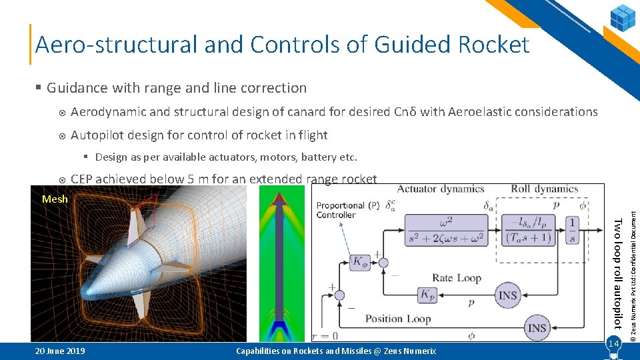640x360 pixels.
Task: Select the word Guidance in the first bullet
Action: click(77, 88)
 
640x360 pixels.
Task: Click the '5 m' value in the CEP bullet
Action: click(198, 179)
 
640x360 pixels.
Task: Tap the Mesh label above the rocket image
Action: click(54, 199)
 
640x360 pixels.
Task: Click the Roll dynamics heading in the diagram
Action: click(544, 189)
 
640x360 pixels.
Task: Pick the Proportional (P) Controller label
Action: click(341, 210)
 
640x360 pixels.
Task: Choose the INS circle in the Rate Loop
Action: click(509, 294)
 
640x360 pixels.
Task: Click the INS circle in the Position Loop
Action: click(537, 327)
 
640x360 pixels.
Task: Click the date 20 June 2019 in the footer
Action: click(60, 351)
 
